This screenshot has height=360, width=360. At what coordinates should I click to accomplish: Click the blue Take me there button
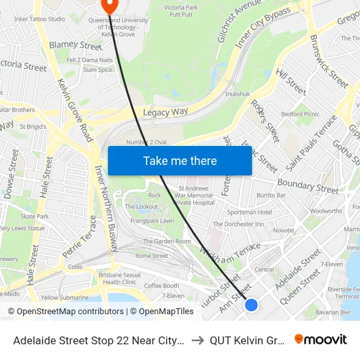click(x=179, y=160)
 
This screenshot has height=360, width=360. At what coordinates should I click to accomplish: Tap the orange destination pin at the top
click(x=109, y=6)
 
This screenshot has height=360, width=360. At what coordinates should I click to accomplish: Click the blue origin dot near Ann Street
click(x=251, y=304)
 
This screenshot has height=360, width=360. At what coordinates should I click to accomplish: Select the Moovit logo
click(x=321, y=339)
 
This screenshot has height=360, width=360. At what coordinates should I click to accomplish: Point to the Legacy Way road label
click(x=166, y=113)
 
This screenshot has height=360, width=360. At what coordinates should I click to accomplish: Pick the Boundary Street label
click(x=308, y=185)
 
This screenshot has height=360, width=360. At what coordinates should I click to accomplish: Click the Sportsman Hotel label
click(x=249, y=212)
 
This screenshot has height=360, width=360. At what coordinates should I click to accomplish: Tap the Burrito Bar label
click(x=271, y=195)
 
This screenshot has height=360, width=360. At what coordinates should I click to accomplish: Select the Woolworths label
click(x=326, y=211)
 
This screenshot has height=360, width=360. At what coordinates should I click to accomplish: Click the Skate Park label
click(x=34, y=216)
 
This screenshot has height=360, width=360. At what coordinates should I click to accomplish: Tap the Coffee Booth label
click(x=162, y=285)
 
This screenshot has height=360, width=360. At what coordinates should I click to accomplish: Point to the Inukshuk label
click(x=237, y=94)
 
